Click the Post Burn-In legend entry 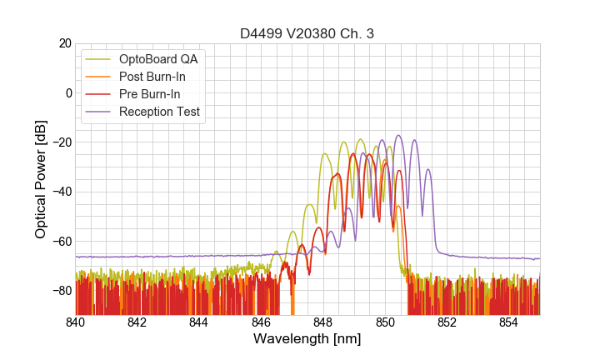click(x=152, y=77)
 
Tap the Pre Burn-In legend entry click(x=149, y=94)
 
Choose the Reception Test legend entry click(x=159, y=112)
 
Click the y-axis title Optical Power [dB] click(x=41, y=179)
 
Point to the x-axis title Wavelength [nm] click(x=307, y=339)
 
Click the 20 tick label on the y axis click(x=65, y=43)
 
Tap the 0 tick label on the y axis click(x=69, y=92)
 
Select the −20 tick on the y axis click(x=62, y=142)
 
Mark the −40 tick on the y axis click(x=62, y=192)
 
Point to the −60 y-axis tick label click(x=62, y=241)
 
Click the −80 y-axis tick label click(x=62, y=291)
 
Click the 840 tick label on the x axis click(x=76, y=322)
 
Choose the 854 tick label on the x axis click(x=508, y=322)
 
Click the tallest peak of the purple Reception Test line click(x=398, y=135)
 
